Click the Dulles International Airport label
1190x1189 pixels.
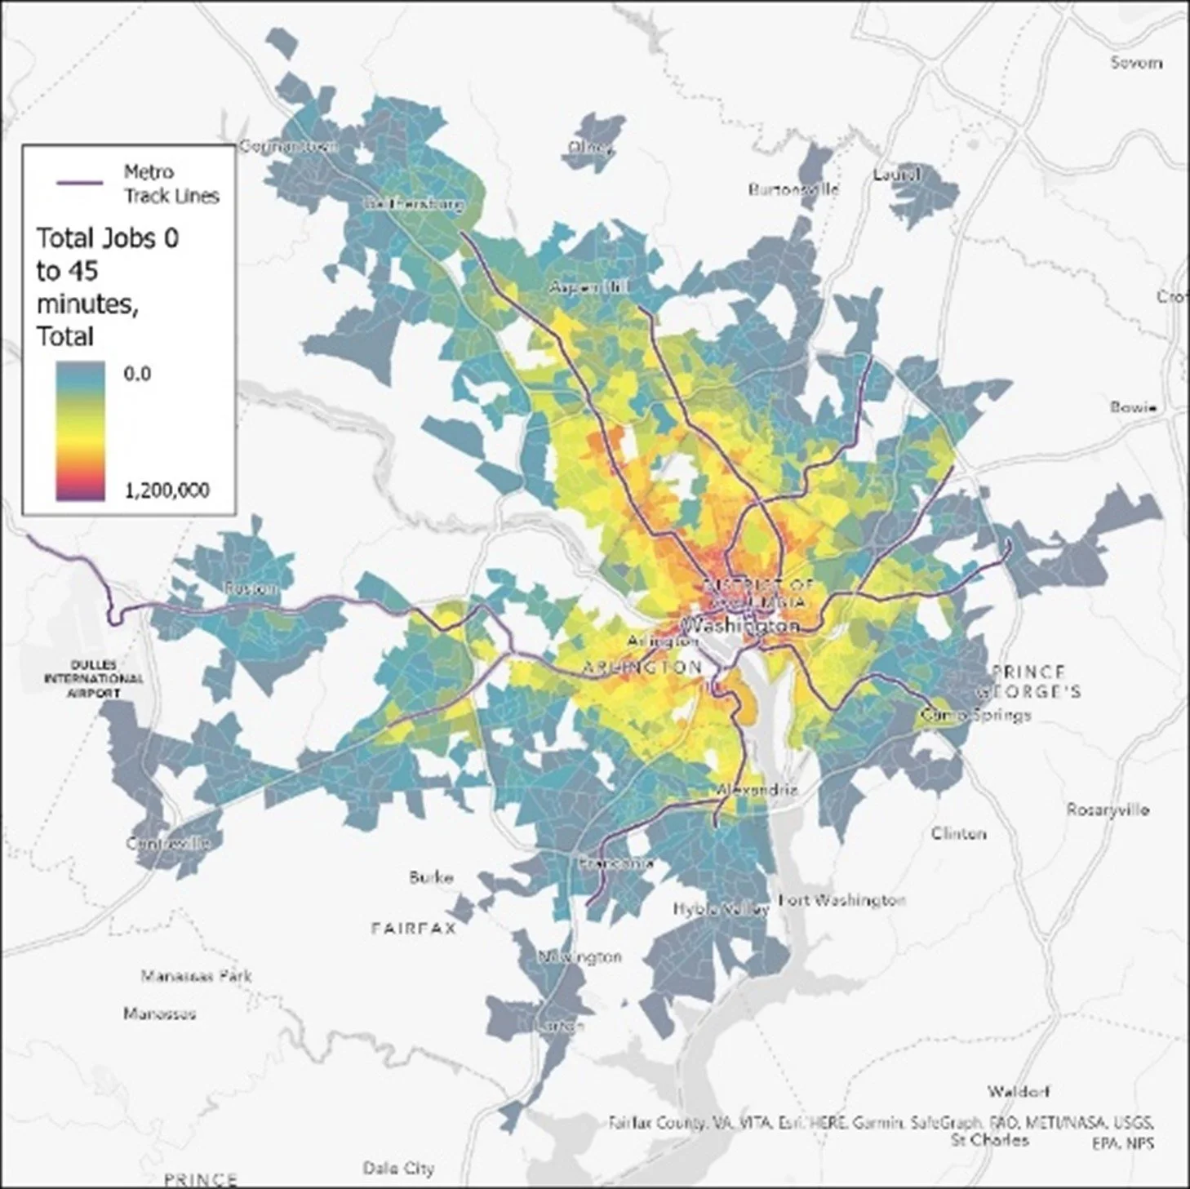93,679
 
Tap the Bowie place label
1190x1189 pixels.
1133,406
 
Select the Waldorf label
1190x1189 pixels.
1018,1091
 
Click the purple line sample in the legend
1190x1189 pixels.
79,183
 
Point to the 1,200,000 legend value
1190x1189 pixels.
167,490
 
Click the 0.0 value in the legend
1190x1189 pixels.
137,374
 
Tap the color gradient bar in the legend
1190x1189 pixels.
80,431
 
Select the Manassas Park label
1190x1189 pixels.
196,975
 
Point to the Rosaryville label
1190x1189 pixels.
1108,810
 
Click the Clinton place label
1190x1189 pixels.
959,833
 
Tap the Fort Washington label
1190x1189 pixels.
841,900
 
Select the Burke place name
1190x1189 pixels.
430,878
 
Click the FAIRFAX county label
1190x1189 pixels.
413,928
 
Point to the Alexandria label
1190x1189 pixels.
756,790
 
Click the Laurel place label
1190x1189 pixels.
896,174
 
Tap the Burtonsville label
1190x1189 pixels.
793,189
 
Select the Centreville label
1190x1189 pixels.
168,843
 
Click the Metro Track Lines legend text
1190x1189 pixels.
171,184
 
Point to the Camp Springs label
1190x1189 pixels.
975,715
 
